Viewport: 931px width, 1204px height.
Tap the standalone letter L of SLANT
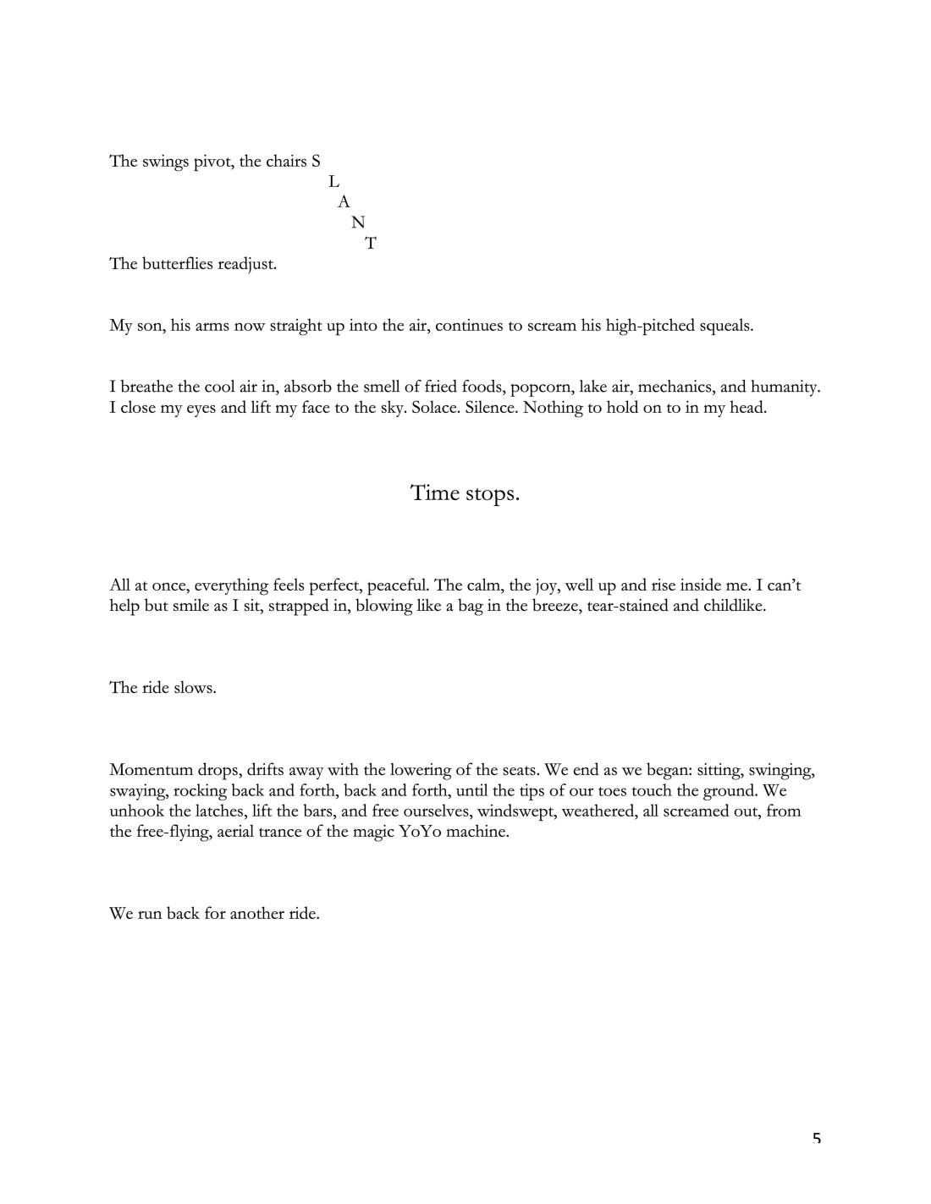point(333,182)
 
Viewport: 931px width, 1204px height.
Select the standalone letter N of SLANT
point(358,223)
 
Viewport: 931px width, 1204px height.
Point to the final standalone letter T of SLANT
point(371,244)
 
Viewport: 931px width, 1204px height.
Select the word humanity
point(785,388)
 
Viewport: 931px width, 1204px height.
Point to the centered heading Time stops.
point(465,492)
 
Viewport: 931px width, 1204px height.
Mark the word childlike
point(734,606)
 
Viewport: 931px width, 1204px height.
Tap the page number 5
point(816,1139)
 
